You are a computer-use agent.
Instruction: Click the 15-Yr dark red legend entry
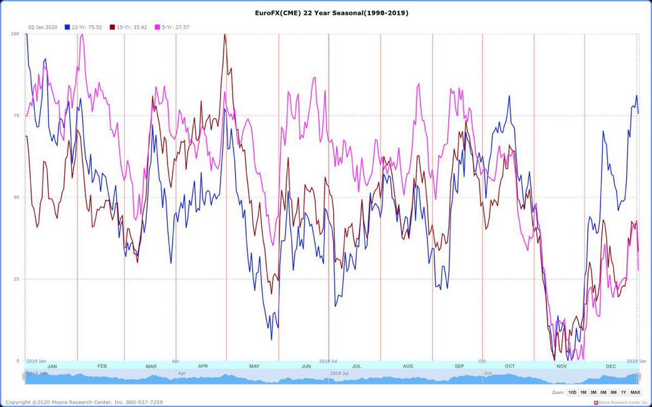[131, 27]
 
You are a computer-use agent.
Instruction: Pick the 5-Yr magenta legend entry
[174, 27]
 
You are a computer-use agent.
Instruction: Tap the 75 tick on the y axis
[16, 116]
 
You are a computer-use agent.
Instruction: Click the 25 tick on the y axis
[16, 279]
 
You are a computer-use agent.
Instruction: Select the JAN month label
[52, 366]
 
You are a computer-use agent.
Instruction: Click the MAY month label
[254, 366]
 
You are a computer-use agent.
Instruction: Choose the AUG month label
[407, 366]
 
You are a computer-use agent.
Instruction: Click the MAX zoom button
[635, 392]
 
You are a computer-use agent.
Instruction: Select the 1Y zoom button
[624, 392]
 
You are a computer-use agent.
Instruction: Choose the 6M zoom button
[603, 392]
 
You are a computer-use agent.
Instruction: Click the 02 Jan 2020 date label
[42, 27]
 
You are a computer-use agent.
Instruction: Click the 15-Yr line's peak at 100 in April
[225, 34]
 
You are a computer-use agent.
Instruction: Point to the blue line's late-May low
[272, 340]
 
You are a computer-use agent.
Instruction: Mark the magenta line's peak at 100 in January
[81, 34]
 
